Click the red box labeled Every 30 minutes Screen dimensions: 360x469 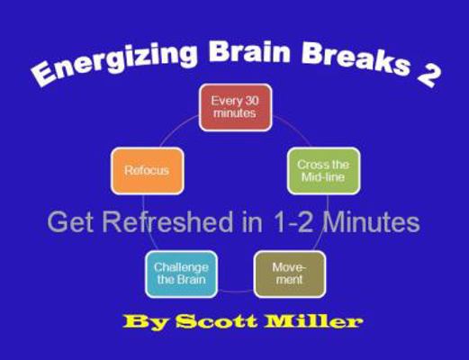click(x=235, y=107)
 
